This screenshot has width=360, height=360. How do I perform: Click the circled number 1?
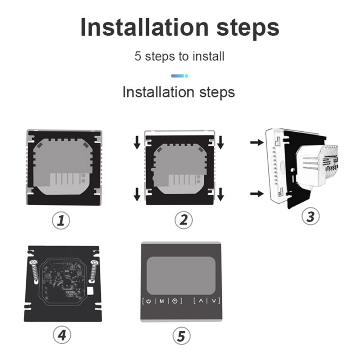tap(62, 220)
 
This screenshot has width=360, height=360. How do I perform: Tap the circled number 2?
tap(183, 220)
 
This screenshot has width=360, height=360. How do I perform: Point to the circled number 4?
tap(62, 335)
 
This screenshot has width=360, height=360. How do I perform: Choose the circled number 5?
tap(182, 336)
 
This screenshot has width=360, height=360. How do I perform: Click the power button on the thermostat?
tap(148, 301)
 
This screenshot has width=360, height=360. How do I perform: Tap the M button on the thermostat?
tap(161, 301)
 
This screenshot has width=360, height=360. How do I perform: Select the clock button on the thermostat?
tap(175, 301)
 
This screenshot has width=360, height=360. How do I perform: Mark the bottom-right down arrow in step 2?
tap(220, 194)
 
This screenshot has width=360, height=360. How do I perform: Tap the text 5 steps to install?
tap(180, 57)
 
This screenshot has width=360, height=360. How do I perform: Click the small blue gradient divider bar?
tap(180, 76)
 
